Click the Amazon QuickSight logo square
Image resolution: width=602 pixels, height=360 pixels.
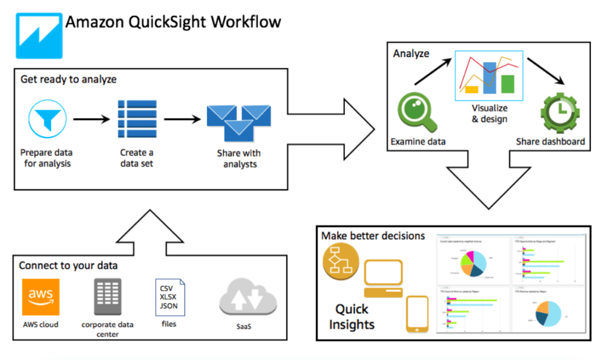[x=37, y=32]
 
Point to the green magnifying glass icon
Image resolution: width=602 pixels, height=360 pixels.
[x=416, y=112]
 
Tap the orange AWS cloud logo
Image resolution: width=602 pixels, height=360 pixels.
[x=41, y=297]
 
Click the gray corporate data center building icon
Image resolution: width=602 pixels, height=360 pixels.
[x=108, y=296]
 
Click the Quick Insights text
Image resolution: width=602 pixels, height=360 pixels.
[x=352, y=316]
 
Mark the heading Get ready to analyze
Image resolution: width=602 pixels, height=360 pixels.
[x=68, y=79]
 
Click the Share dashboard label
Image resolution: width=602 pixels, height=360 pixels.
[x=550, y=141]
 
